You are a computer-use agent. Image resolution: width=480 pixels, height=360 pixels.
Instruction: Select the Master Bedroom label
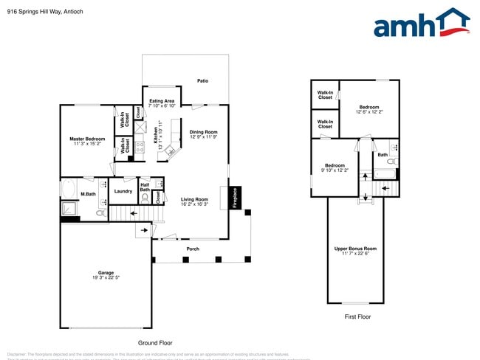click(87, 141)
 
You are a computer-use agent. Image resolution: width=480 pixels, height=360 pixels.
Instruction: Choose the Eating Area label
click(162, 103)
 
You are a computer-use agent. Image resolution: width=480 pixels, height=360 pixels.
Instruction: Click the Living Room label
click(195, 201)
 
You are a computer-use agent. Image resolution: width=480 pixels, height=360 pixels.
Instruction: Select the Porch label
click(193, 249)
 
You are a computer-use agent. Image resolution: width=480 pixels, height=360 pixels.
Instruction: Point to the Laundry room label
click(123, 192)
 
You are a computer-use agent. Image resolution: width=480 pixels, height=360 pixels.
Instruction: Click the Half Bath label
click(145, 188)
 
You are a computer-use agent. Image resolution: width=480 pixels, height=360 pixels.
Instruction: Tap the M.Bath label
click(88, 194)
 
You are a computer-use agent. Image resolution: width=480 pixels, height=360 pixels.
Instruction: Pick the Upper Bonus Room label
click(355, 251)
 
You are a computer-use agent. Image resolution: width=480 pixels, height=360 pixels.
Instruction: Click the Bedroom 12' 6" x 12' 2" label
click(369, 109)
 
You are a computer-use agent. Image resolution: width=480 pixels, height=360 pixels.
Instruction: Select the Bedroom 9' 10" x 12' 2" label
click(334, 167)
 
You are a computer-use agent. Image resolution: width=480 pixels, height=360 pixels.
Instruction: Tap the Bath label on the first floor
click(383, 155)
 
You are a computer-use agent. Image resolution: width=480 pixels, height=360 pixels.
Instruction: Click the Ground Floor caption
click(155, 343)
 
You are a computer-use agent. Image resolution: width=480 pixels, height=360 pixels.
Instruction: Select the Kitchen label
click(156, 134)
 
